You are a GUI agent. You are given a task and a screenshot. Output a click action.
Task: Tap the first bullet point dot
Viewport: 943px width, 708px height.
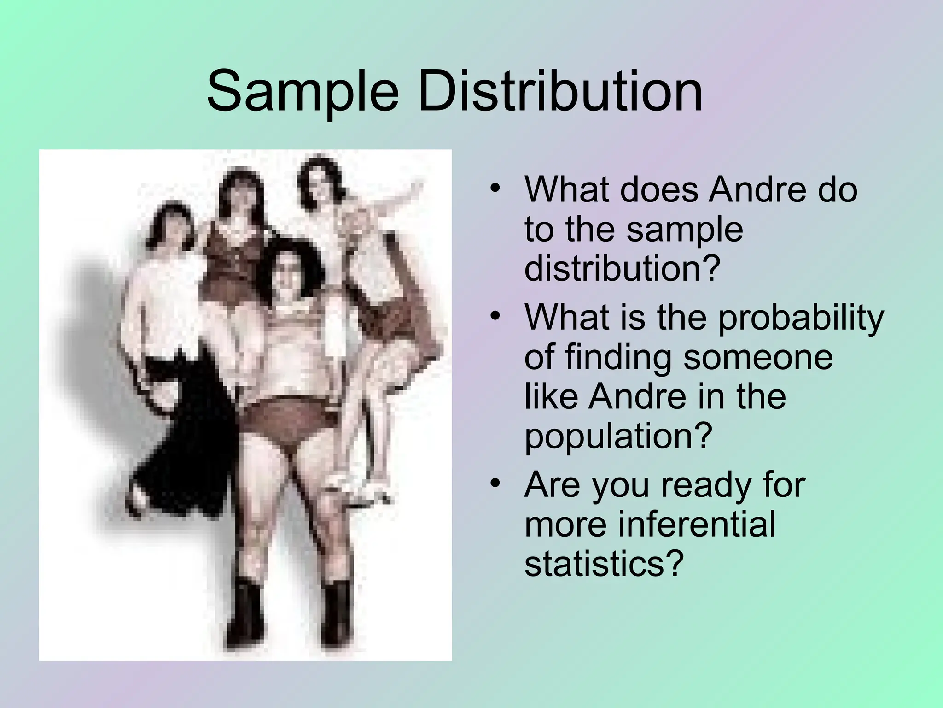pos(495,189)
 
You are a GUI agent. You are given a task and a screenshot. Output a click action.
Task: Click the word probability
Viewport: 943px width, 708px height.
pos(801,318)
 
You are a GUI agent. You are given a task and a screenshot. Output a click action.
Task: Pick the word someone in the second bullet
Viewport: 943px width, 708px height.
pos(757,357)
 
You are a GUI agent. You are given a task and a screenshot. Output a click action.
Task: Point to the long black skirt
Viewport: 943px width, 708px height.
pos(184,442)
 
